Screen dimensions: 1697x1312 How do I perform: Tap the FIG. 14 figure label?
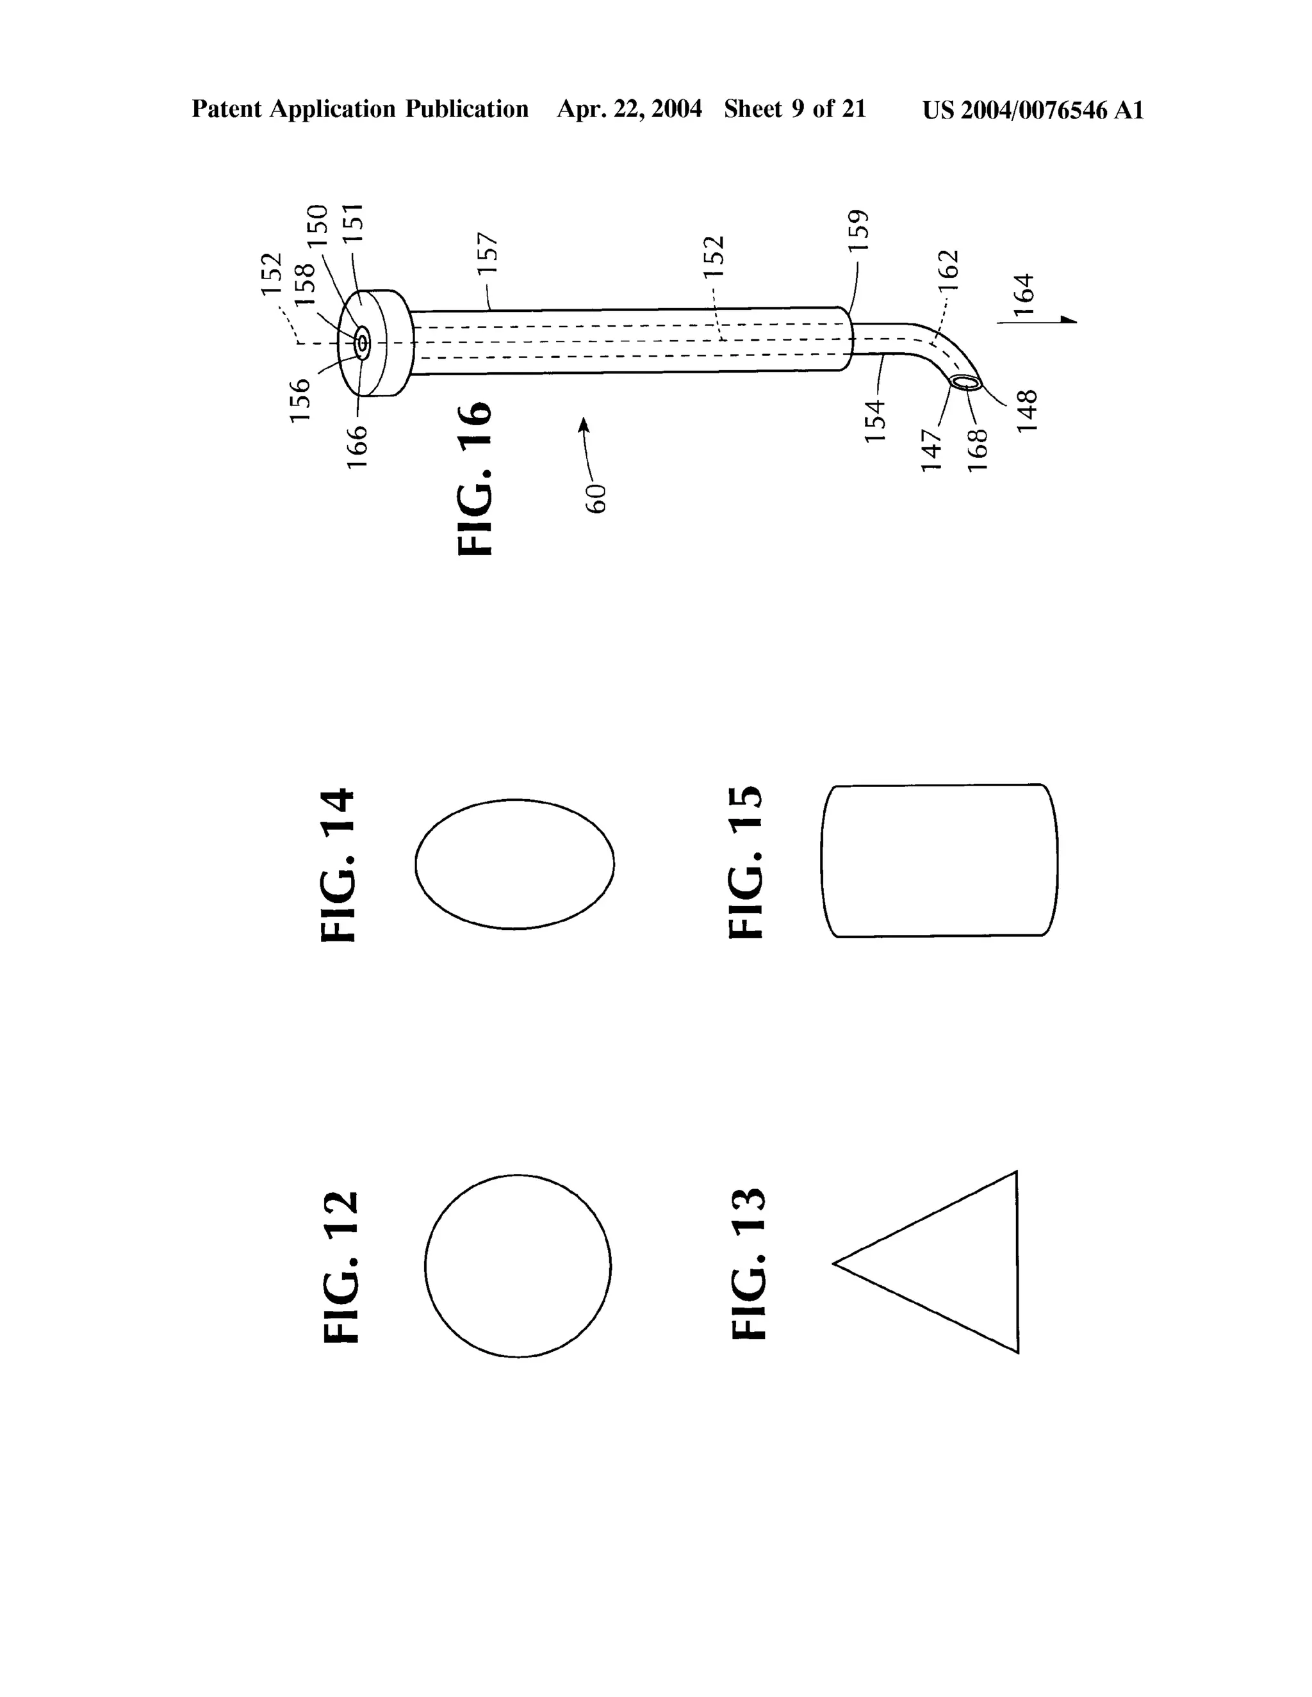point(338,866)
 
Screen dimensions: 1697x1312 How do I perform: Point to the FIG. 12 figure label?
point(341,1267)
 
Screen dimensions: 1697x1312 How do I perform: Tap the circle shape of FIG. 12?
point(518,1266)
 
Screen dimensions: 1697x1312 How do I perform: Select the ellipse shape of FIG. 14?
point(514,863)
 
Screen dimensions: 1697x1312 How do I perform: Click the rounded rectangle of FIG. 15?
point(940,861)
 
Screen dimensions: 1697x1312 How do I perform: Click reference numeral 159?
point(857,230)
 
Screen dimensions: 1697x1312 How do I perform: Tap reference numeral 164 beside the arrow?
point(1024,294)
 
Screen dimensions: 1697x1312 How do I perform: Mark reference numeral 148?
point(1028,411)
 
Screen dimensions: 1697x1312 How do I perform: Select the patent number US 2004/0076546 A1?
point(1033,110)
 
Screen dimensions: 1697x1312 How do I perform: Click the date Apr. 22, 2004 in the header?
point(629,110)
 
